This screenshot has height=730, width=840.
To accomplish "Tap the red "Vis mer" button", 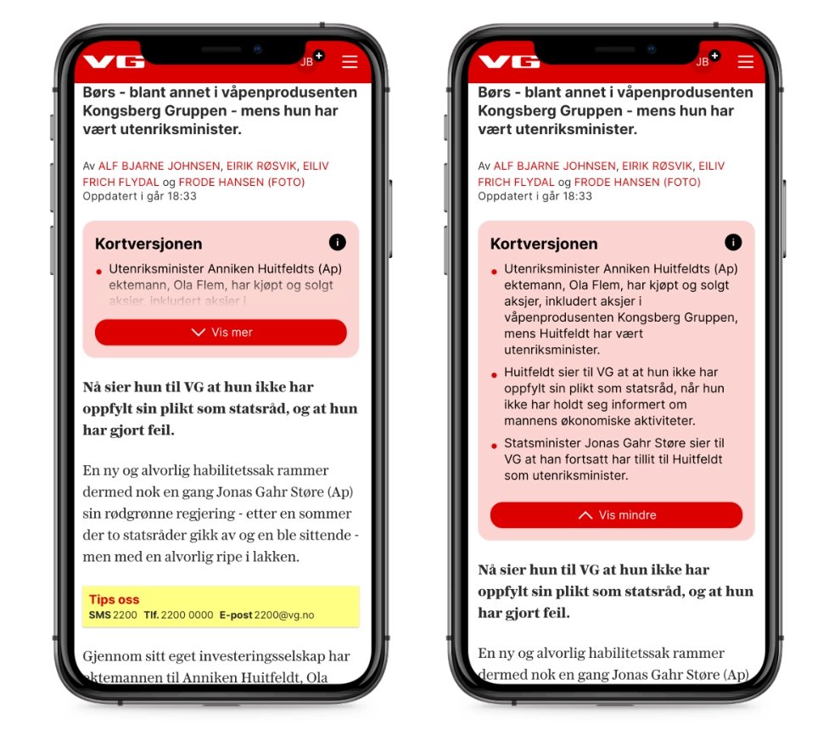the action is point(221,332).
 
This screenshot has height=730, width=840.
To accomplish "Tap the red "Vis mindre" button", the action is point(616,515).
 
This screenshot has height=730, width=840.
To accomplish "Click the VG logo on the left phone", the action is point(114,62).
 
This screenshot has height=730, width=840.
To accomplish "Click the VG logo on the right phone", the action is point(509,62).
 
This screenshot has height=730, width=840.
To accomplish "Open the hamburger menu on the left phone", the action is point(350,62).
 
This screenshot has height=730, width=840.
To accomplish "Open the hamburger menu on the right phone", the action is point(745,62).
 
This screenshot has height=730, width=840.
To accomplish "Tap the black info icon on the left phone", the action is point(338,242).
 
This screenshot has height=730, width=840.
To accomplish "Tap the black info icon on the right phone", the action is point(733,242).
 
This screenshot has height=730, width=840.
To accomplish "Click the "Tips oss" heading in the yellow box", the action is point(114,599).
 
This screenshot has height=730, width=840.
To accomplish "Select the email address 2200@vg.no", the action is point(284,615).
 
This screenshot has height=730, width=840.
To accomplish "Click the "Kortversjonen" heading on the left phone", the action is point(148,244).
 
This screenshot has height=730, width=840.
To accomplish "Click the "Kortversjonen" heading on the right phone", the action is point(544,244).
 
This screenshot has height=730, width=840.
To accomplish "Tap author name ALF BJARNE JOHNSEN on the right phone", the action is point(554,166).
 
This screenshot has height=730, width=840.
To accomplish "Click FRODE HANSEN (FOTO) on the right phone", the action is point(637,182).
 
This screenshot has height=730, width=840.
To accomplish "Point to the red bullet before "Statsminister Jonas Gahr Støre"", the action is point(494,446).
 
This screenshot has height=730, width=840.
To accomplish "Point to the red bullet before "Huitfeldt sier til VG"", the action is point(494,375).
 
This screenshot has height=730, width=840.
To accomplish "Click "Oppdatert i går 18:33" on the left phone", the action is point(139,196).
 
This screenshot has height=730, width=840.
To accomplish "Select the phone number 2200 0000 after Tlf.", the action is point(187,615).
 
